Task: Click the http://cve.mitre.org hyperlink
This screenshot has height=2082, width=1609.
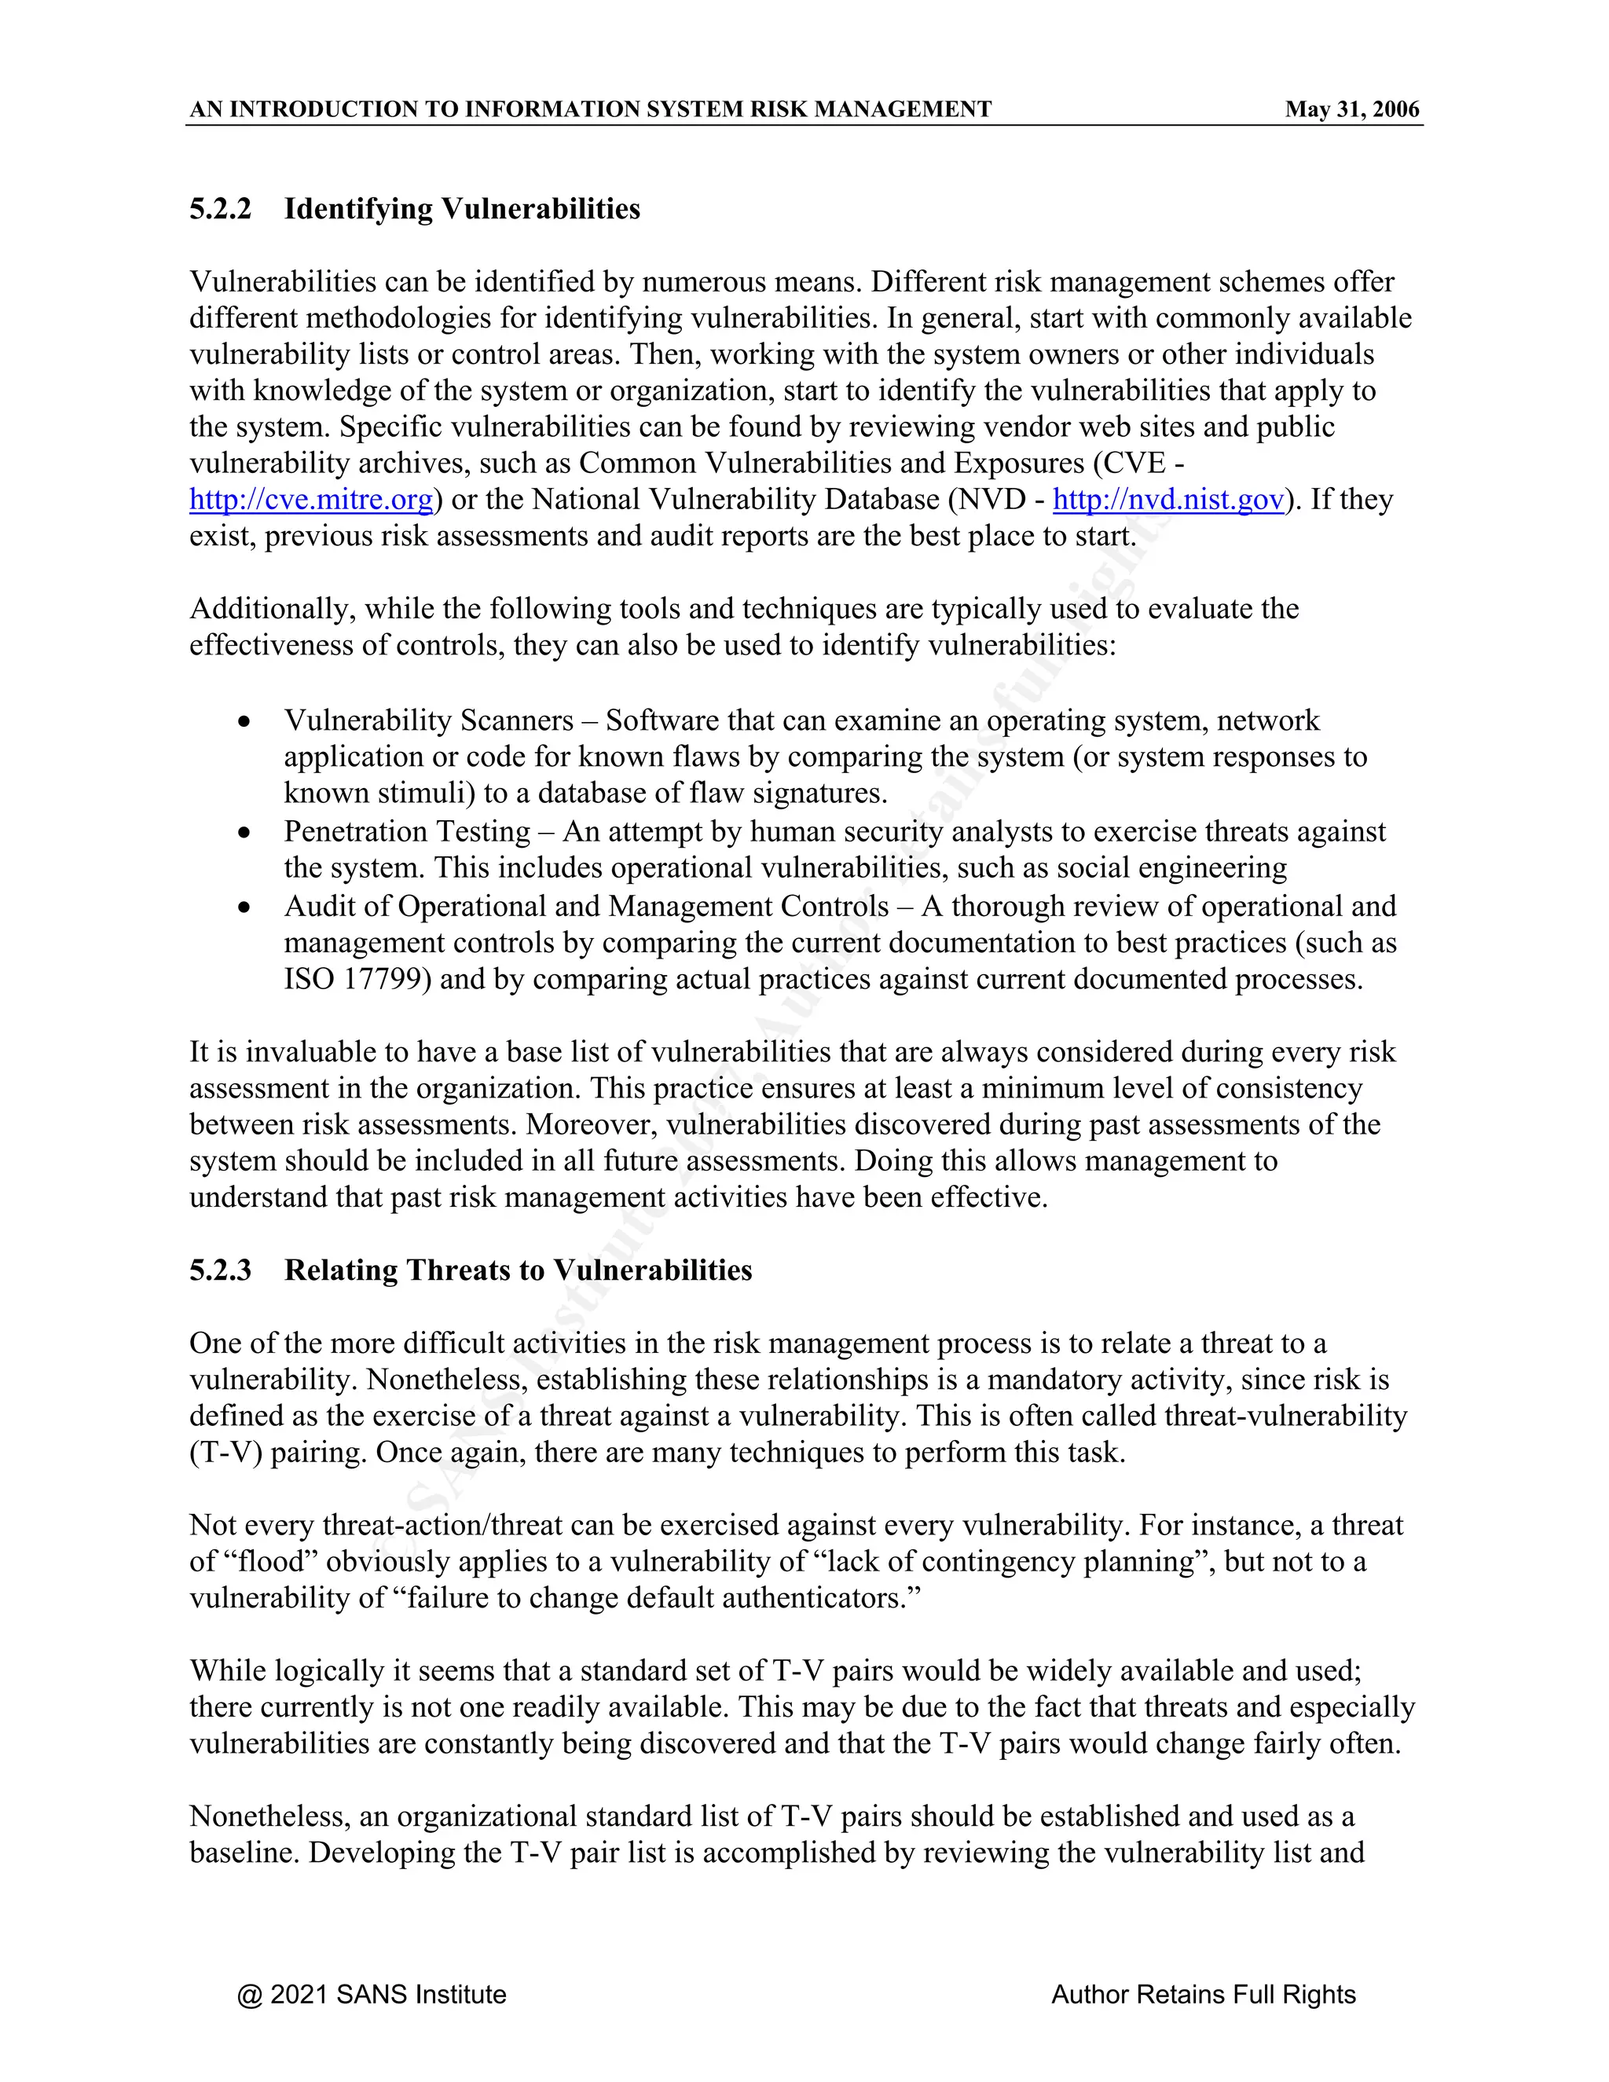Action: point(311,500)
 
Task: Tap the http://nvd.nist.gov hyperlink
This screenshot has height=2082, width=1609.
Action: point(1167,500)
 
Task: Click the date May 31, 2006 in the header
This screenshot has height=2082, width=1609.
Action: point(1351,110)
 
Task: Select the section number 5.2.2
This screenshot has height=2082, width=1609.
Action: point(220,209)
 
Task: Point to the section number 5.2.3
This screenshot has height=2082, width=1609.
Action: point(220,1270)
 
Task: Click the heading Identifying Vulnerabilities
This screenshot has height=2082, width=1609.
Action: point(461,209)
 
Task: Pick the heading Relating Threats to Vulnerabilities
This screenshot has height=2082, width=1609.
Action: point(518,1270)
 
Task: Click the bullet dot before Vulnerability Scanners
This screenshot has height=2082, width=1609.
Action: point(245,723)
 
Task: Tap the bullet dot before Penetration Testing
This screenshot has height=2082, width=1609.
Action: point(245,833)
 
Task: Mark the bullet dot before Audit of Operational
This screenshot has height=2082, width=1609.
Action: point(245,907)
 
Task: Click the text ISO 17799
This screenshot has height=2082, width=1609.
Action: point(353,980)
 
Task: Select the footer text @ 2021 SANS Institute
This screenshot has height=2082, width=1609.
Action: point(372,1994)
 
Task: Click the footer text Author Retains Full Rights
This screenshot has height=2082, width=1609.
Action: point(1203,1994)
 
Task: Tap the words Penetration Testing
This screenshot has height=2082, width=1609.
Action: point(406,832)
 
